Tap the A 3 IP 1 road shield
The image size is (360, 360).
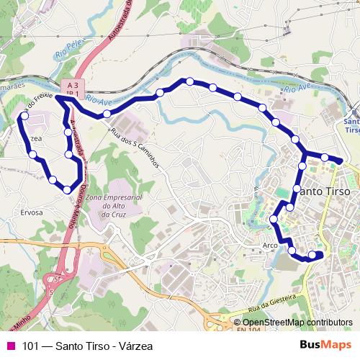pyautogui.click(x=70, y=87)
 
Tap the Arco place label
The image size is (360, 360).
pyautogui.click(x=270, y=245)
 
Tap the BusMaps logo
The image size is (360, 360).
pyautogui.click(x=325, y=345)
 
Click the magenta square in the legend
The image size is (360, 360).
pyautogui.click(x=12, y=346)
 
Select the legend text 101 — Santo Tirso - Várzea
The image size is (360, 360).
pyautogui.click(x=87, y=346)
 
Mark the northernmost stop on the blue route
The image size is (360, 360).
pyautogui.click(x=189, y=81)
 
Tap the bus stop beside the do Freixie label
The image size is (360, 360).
pyautogui.click(x=25, y=114)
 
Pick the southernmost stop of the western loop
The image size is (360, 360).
pyautogui.click(x=67, y=189)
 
